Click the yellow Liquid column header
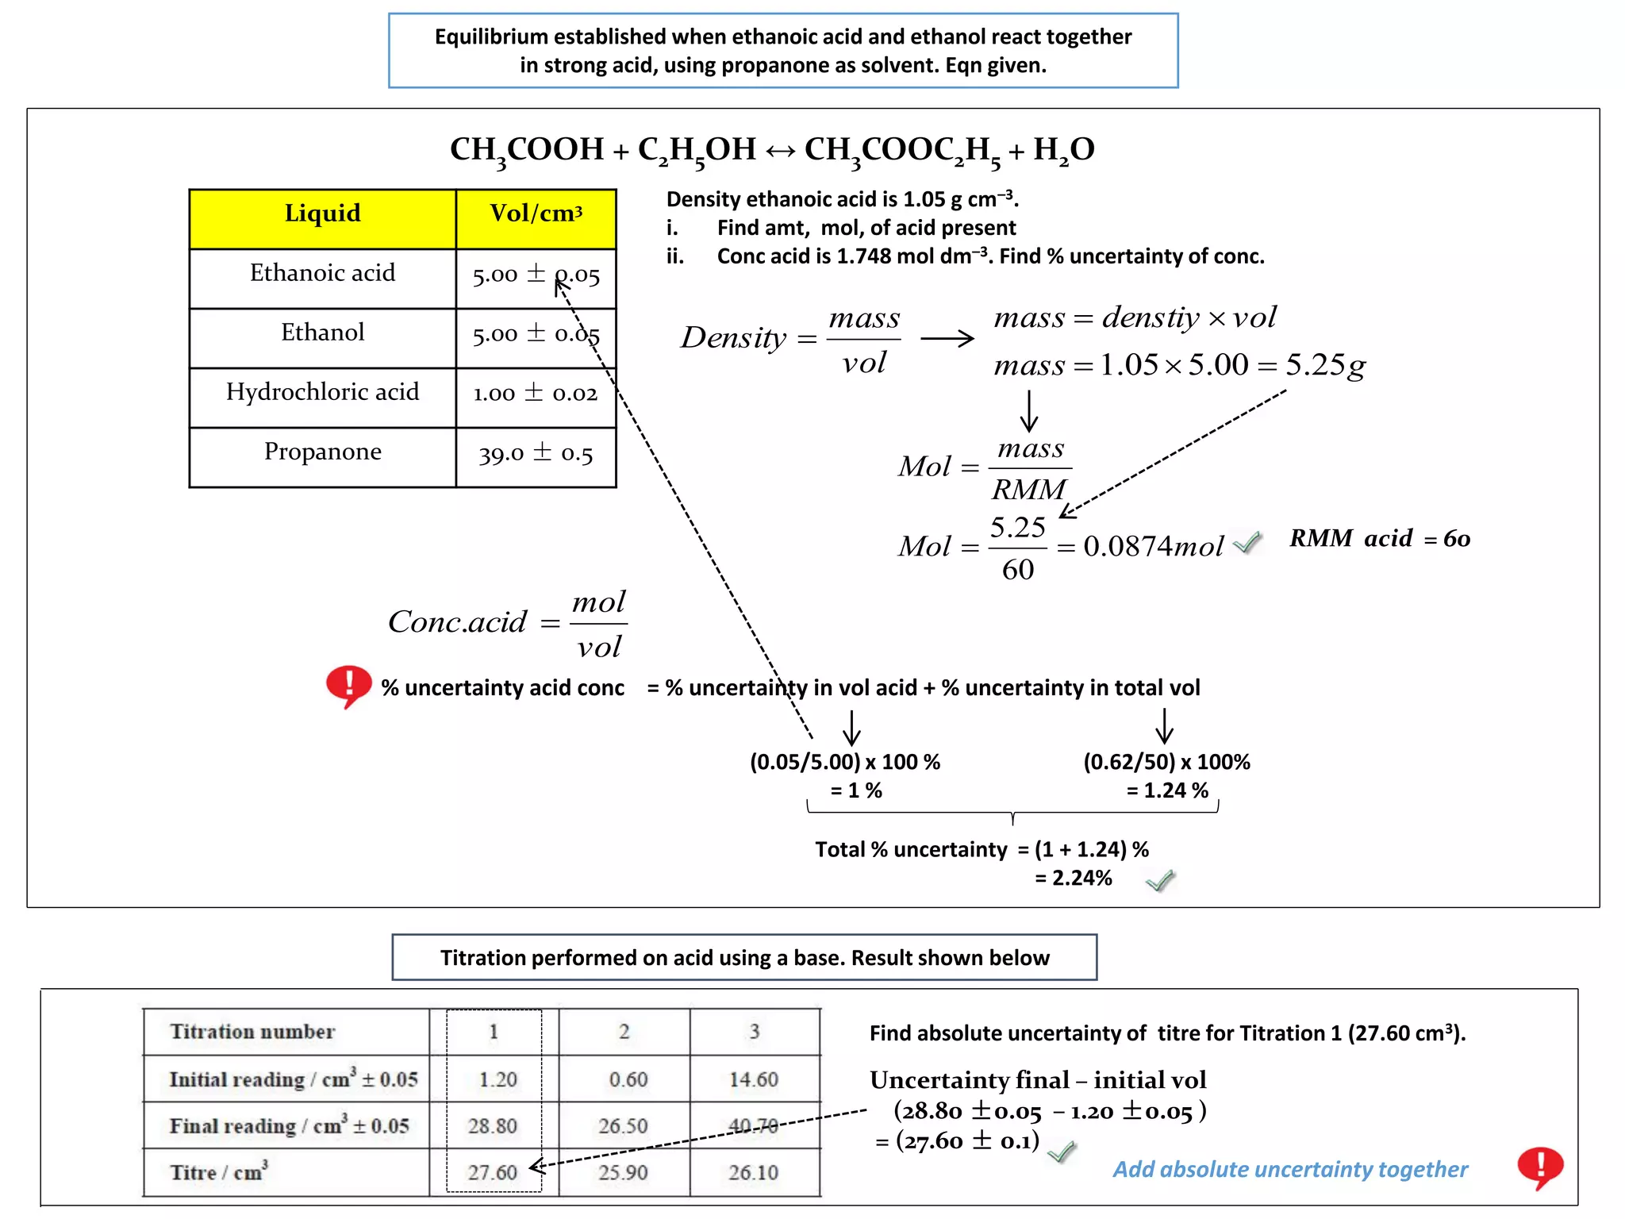pos(322,214)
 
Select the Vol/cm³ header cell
pos(536,214)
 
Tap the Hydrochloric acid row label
pos(322,392)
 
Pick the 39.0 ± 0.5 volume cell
pos(536,454)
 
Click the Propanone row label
pos(322,452)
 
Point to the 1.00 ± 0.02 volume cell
pos(536,394)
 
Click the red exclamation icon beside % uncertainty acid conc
pos(348,685)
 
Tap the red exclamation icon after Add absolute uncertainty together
pos(1540,1167)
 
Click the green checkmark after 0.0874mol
pos(1248,543)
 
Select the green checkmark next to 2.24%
pos(1160,880)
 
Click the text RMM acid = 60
pos(1379,539)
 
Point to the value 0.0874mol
pos(1153,547)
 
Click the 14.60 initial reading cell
pos(754,1079)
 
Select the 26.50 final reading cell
pos(624,1126)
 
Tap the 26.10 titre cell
pos(754,1172)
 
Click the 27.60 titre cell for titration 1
pos(492,1172)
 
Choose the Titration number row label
pos(252,1032)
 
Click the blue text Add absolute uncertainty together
pos(1290,1170)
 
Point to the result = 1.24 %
pos(1167,790)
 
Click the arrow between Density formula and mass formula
pos(947,339)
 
